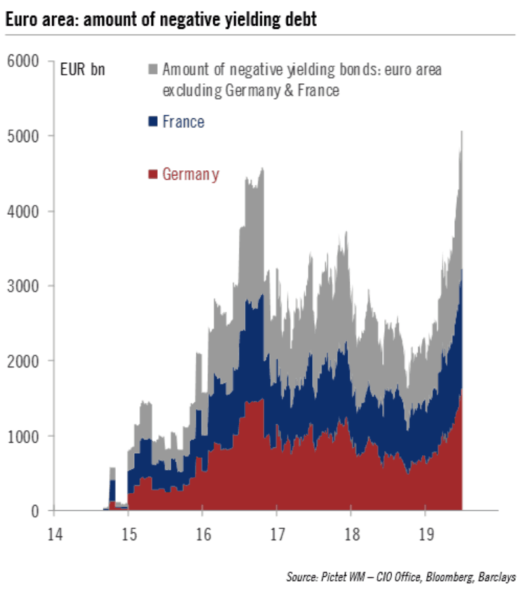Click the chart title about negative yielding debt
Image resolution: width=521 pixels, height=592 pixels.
[x=161, y=19]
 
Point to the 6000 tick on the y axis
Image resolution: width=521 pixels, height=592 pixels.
[x=24, y=62]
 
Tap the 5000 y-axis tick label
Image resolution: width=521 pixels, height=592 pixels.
[x=24, y=136]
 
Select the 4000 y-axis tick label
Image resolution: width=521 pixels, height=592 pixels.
[x=24, y=212]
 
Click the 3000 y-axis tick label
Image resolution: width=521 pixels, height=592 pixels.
[x=24, y=286]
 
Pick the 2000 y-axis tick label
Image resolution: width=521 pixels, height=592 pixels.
[x=24, y=361]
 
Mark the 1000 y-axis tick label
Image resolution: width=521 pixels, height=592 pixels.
[x=24, y=436]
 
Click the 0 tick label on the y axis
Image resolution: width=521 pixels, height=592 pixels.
[x=36, y=511]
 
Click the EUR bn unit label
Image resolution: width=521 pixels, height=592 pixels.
[x=82, y=69]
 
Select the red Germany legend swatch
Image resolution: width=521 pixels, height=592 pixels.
[x=153, y=174]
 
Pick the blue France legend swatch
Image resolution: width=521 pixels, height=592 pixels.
[x=153, y=121]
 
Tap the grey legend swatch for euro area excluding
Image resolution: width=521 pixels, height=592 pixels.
[x=153, y=69]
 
